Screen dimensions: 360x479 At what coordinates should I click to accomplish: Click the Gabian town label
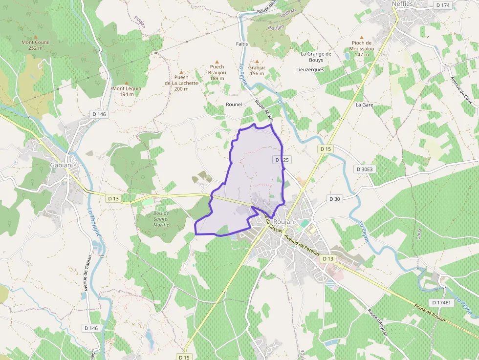61,165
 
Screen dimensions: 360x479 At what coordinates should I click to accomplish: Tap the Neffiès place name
403,4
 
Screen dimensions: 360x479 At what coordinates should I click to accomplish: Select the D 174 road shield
442,5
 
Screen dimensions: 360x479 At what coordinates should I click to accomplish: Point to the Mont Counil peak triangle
35,37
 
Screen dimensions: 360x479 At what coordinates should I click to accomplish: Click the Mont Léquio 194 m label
127,91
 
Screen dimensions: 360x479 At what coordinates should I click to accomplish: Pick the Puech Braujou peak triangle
217,62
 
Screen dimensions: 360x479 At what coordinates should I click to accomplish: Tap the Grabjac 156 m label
257,70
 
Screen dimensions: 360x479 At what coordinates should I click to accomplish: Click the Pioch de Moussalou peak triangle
362,37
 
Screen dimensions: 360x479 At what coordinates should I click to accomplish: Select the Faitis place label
242,44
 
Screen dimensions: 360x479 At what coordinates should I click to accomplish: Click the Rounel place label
234,105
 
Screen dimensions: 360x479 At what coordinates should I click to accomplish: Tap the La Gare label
364,105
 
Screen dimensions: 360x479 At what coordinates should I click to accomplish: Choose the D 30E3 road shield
365,169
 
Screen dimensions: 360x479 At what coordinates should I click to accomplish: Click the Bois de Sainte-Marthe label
161,219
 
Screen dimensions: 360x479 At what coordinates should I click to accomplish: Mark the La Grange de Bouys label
316,57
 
